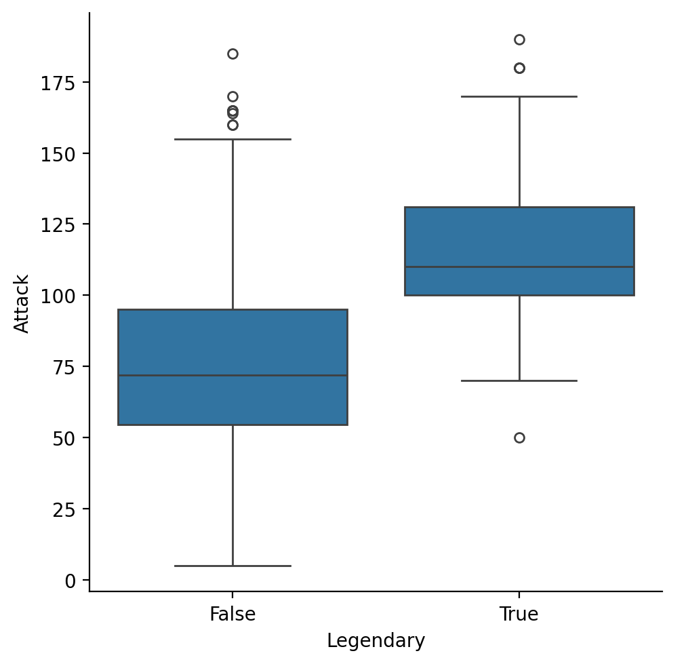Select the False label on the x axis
232,614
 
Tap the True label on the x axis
519,614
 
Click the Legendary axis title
376,641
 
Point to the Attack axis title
22,303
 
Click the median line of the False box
232,375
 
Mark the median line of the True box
519,267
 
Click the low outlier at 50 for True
519,437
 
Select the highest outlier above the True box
519,39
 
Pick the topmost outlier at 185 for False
232,54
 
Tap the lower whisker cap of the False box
232,566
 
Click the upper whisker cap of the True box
519,96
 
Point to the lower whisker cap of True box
519,380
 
